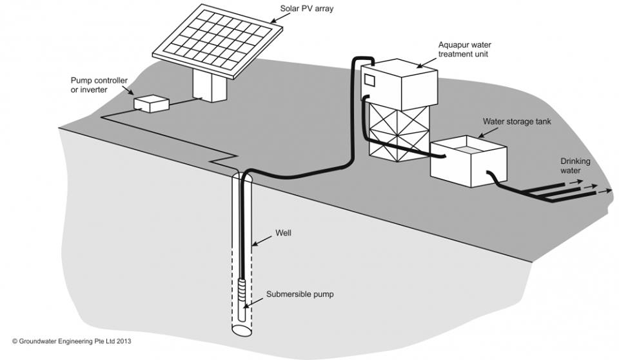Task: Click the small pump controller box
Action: (151, 104)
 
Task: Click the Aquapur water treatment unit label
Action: (464, 50)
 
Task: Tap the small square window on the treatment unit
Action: (370, 80)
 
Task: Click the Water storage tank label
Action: (517, 121)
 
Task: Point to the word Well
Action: (283, 233)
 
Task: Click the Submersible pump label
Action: (297, 294)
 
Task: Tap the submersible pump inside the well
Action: (242, 294)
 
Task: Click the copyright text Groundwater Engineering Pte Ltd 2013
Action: (72, 341)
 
